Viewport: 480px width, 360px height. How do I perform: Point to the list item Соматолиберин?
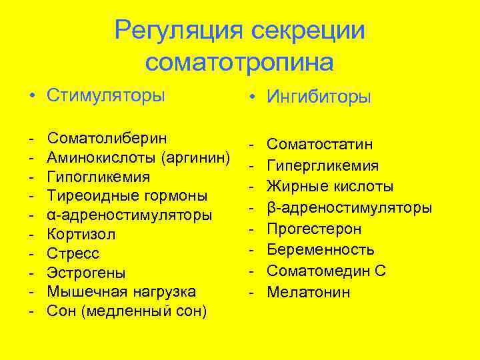pos(107,138)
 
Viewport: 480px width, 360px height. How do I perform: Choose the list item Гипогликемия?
pos(98,177)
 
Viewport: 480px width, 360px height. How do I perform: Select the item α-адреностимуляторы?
pos(129,215)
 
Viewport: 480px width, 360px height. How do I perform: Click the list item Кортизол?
pos(81,234)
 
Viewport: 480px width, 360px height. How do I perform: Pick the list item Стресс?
pos(73,253)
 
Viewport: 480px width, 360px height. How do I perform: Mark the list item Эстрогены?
pos(86,273)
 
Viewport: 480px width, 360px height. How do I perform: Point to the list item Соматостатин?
pos(319,144)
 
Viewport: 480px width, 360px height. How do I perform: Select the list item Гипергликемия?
pos(323,165)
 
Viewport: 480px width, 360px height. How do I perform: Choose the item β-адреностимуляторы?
pos(349,207)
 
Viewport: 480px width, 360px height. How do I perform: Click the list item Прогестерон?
pos(314,229)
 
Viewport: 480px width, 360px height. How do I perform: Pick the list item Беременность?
pos(321,250)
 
